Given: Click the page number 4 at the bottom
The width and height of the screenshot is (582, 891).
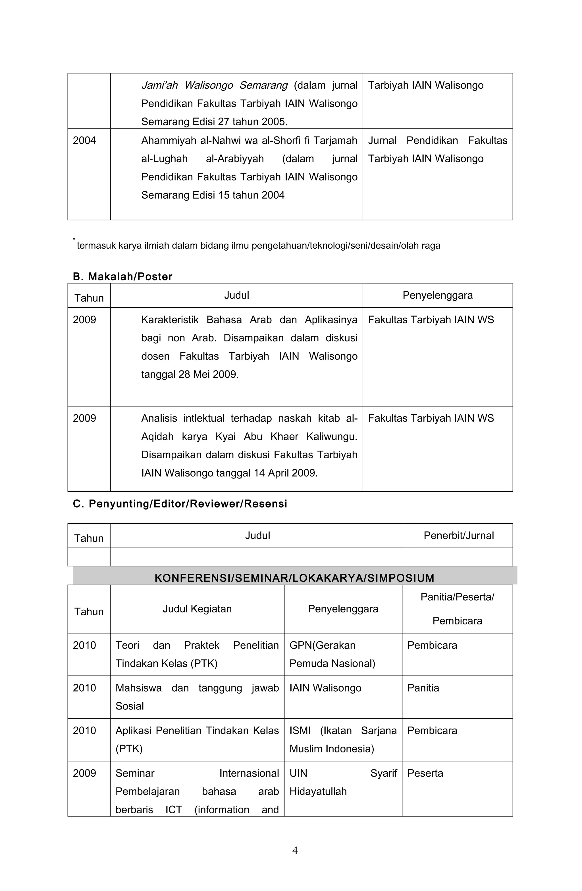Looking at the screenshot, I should click(295, 851).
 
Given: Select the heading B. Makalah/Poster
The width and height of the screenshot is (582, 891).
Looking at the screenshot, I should click(122, 277).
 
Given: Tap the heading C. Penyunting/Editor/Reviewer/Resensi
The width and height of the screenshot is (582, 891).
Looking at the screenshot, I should click(180, 504).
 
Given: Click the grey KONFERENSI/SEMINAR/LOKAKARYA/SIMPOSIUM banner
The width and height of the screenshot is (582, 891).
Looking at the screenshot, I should click(294, 578).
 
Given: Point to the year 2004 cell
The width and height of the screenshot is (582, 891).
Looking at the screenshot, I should click(84, 140).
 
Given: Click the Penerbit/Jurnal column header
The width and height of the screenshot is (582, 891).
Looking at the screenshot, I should click(459, 535).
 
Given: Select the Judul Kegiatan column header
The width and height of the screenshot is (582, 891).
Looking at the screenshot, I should click(197, 609).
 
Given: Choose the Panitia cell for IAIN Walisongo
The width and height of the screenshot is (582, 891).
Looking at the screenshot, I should click(423, 688).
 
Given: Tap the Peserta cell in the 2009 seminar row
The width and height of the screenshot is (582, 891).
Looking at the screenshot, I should click(425, 773).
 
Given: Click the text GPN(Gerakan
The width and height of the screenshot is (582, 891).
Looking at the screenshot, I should click(323, 645).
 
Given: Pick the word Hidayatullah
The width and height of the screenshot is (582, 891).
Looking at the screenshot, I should click(318, 791).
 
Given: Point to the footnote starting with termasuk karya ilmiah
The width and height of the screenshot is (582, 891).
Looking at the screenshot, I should click(258, 246).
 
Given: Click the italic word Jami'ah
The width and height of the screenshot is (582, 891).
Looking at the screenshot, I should click(159, 85).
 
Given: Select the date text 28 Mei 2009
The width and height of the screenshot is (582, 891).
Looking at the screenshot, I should click(208, 374).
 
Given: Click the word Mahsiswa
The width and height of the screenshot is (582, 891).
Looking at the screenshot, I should click(138, 688).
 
